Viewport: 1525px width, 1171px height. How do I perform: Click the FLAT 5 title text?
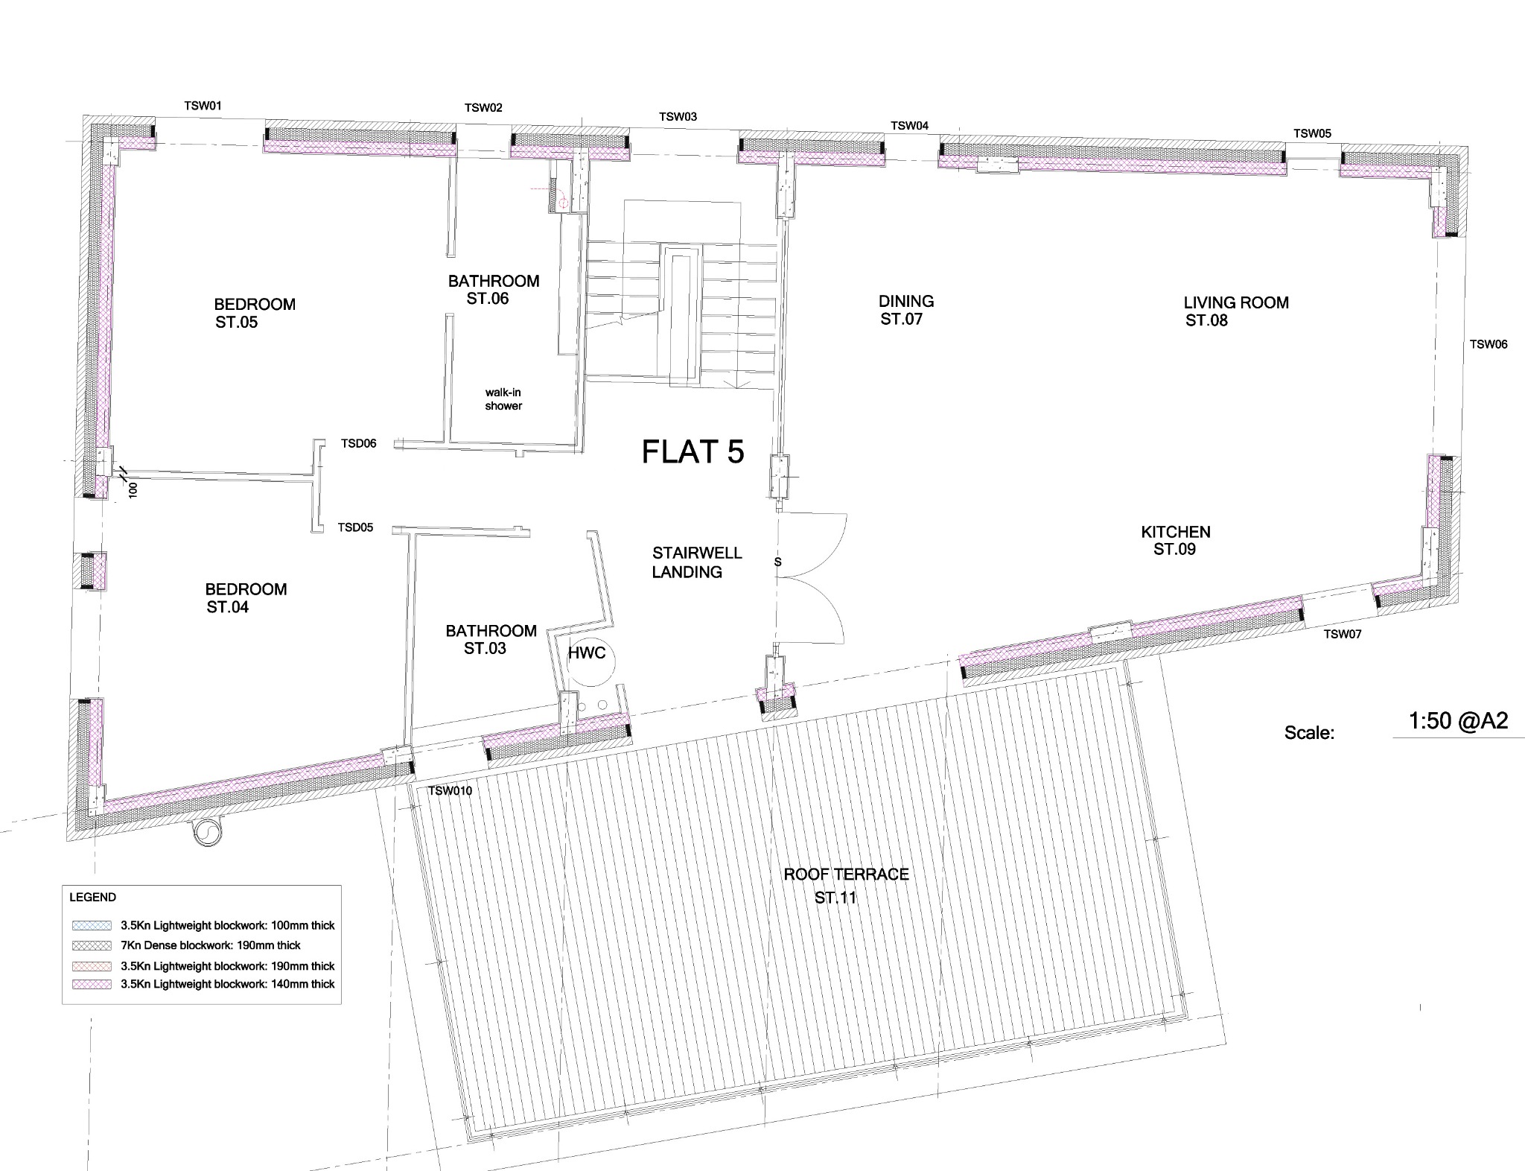693,451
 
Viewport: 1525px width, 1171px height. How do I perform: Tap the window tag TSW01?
203,106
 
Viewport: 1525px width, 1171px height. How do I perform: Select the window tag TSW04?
910,126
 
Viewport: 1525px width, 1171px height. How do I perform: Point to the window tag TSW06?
1489,344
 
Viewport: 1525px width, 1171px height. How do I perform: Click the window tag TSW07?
1343,634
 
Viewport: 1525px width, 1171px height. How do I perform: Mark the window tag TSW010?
450,791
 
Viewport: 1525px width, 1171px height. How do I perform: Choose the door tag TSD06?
359,443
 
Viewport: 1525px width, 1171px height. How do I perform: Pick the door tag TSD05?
355,527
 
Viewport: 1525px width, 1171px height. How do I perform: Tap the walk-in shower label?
503,399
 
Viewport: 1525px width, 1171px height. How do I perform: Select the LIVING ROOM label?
1236,302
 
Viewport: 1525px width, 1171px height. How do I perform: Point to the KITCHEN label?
1176,532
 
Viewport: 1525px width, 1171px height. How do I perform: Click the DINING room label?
906,301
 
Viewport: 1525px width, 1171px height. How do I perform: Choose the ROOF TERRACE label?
846,874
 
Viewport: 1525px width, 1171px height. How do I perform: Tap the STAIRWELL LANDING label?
696,562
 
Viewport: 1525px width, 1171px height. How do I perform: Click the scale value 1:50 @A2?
1459,720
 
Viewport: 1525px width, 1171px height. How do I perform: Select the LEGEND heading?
93,897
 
